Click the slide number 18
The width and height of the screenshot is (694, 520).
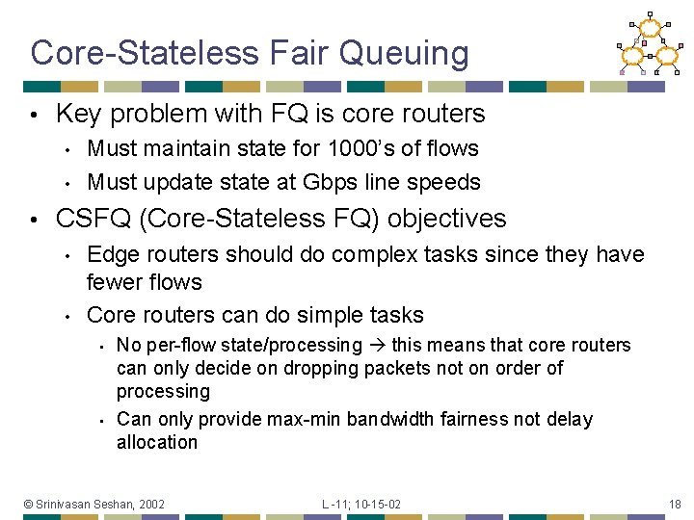[674, 505]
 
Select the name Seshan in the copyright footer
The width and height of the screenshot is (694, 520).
[115, 505]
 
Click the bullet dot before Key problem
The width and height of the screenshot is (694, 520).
[33, 114]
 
